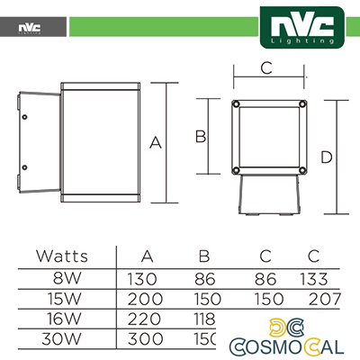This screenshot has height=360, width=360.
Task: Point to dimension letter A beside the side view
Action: click(155, 142)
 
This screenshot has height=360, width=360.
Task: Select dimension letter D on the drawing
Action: click(326, 157)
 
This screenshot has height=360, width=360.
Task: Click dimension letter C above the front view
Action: click(266, 67)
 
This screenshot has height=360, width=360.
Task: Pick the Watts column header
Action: click(62, 256)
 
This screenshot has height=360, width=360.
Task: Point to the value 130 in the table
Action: click(147, 278)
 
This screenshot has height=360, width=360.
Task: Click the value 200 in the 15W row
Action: click(147, 299)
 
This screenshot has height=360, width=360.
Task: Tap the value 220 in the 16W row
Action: click(147, 319)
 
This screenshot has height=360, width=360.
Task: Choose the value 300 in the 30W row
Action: click(147, 340)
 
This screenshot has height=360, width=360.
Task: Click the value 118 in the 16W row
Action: click(206, 319)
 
